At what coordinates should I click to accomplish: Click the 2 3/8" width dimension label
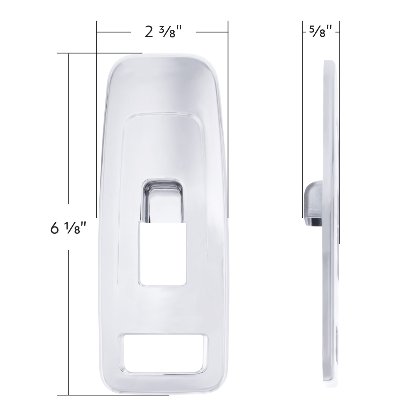point(164,32)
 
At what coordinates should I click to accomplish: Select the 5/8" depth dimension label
point(321,32)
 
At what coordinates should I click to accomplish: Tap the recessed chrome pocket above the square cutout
point(164,201)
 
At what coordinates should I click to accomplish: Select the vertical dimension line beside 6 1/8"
point(68,140)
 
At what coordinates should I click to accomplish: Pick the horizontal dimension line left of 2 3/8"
point(114,32)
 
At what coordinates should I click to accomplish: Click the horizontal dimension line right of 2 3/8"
point(212,32)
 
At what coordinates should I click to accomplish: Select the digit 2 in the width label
point(149,33)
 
